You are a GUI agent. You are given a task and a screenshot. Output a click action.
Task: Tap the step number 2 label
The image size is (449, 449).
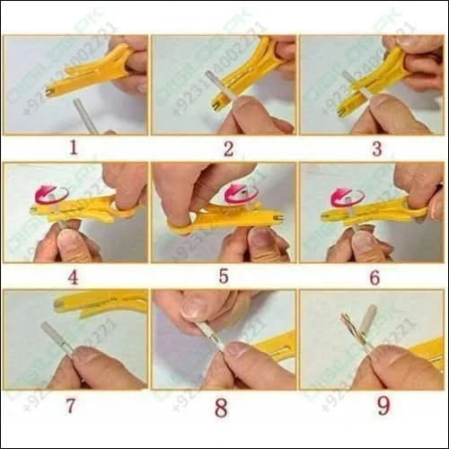click(x=228, y=149)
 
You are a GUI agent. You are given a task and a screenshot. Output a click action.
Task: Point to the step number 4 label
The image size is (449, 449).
click(x=73, y=277)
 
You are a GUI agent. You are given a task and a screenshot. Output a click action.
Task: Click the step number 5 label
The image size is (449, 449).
click(x=224, y=277)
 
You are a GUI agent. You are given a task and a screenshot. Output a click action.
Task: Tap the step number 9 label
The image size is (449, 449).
click(x=383, y=406)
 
